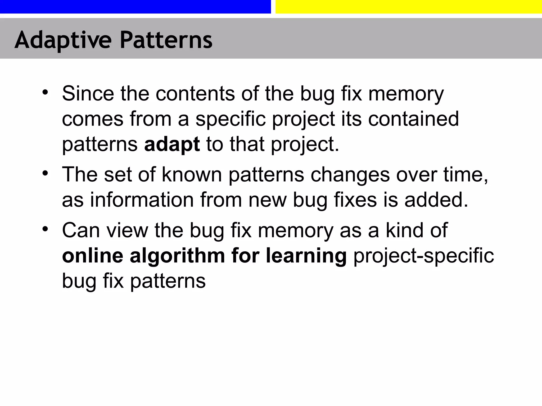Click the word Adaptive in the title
[63, 40]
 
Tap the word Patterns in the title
[166, 40]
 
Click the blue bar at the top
[135, 7]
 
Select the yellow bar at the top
[409, 7]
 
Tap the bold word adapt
[172, 145]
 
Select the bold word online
[93, 256]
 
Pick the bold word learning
[306, 256]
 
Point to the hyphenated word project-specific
[423, 256]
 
